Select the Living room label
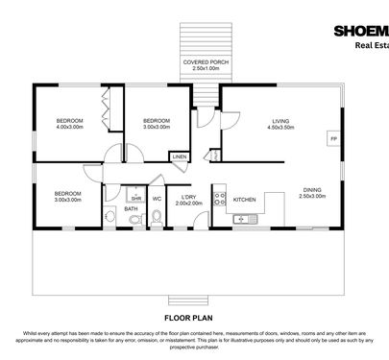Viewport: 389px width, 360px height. tap(278, 124)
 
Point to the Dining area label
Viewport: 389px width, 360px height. tap(313, 193)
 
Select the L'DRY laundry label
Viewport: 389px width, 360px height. tap(190, 202)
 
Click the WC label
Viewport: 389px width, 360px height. tap(156, 199)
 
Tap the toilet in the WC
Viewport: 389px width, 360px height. tap(156, 219)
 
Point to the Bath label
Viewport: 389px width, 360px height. tap(131, 208)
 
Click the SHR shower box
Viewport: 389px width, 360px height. tap(137, 198)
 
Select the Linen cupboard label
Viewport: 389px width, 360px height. tap(179, 156)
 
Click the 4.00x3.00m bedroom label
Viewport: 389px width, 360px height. tap(70, 123)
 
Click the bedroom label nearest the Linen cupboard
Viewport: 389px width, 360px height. tap(156, 123)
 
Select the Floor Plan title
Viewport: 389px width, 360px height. tap(193, 315)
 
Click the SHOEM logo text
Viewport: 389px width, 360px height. tap(359, 30)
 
